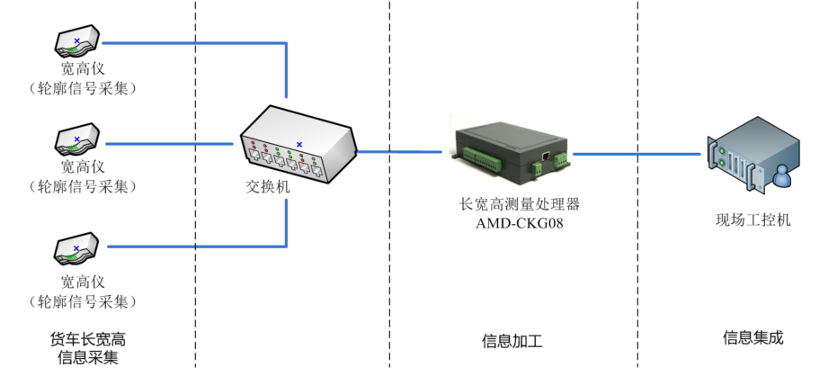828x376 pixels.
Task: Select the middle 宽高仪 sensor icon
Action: click(76, 141)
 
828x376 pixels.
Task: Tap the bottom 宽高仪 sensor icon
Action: click(76, 249)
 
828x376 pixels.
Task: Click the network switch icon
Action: click(298, 143)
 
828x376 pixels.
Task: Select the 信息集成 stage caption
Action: click(753, 338)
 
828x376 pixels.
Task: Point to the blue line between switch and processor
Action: click(400, 150)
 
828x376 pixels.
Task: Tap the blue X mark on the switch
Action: click(299, 143)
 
